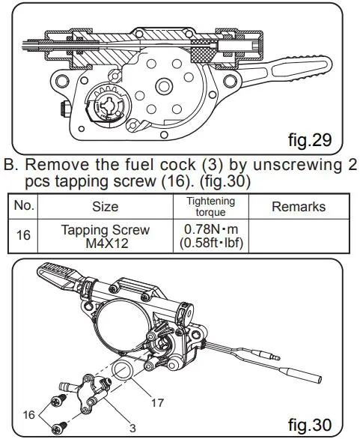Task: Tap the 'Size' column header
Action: click(105, 207)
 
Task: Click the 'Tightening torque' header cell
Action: click(210, 207)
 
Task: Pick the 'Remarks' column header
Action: click(299, 207)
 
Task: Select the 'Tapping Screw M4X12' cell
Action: click(105, 235)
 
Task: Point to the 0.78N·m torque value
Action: click(210, 229)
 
